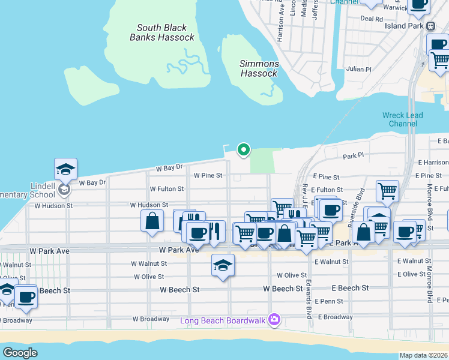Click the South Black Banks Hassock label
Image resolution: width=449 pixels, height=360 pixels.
(162, 32)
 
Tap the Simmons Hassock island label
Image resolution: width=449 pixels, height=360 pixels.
(259, 68)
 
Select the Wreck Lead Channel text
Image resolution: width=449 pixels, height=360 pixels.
(402, 119)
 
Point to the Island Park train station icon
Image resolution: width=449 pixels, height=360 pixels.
(430, 27)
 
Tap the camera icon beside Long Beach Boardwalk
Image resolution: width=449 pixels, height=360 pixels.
(274, 318)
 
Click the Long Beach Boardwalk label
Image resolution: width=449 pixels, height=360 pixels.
(223, 320)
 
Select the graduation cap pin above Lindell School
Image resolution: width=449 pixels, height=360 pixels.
(65, 169)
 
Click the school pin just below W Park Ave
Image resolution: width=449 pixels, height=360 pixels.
(223, 265)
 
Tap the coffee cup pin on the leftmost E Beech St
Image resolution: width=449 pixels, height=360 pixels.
(25, 296)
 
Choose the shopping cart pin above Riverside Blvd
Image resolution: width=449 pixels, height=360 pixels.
(387, 191)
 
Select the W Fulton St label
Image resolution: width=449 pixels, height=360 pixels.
(167, 188)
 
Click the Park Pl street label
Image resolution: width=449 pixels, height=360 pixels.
(354, 156)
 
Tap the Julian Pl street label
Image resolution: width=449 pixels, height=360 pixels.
(359, 69)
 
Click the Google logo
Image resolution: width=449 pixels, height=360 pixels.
(20, 352)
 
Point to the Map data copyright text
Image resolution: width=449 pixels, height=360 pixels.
(423, 355)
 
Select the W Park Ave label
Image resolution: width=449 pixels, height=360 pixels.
(178, 250)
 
